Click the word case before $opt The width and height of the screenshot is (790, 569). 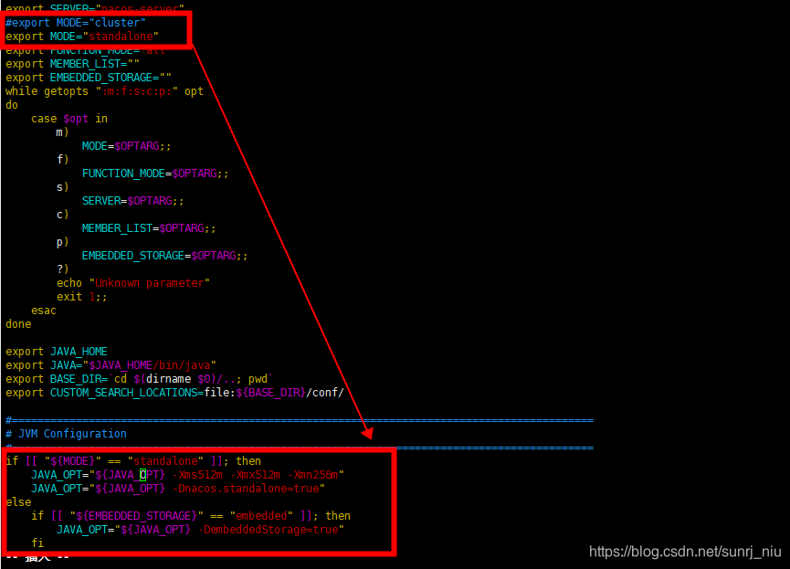44,119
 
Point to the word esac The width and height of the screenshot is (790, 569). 44,311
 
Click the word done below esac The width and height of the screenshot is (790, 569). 18,324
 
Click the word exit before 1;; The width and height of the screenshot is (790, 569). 69,297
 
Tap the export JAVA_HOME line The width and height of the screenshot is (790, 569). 57,352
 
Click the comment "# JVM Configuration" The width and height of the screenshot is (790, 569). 66,434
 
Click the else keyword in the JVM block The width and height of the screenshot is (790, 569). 18,502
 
